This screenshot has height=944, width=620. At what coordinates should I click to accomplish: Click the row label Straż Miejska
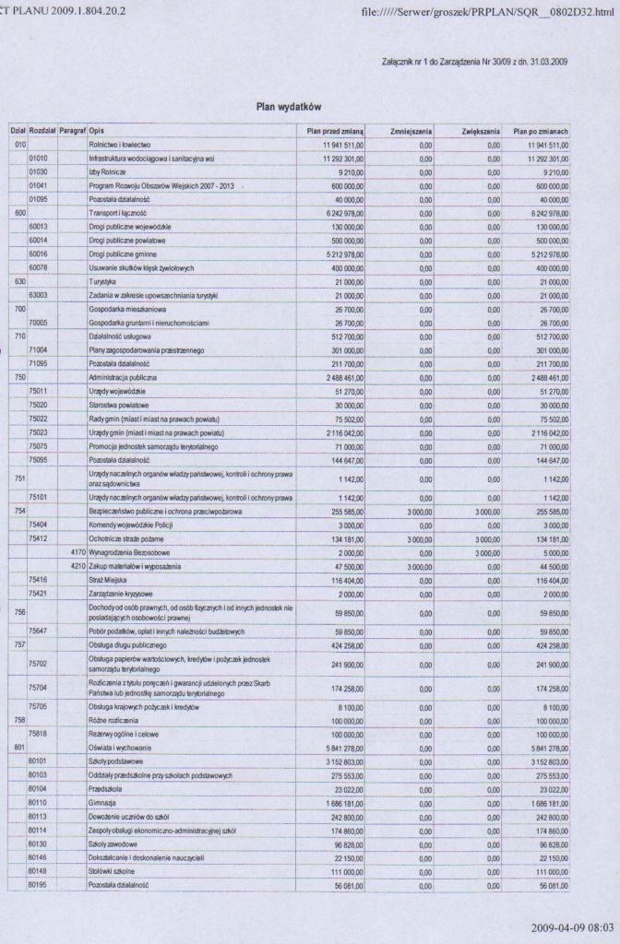click(107, 580)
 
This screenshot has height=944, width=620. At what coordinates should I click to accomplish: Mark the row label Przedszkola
click(105, 789)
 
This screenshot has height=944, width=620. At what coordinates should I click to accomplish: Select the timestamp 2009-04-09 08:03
click(572, 925)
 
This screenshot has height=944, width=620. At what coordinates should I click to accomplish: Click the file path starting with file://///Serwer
click(489, 10)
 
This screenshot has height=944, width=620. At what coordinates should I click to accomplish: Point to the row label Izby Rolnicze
click(107, 171)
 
